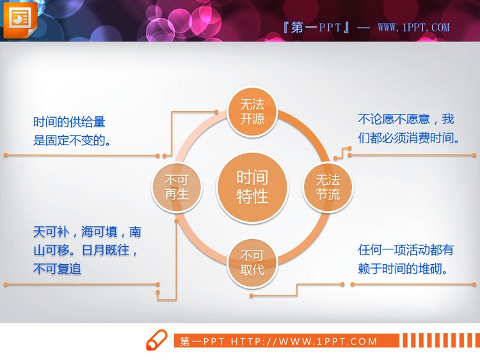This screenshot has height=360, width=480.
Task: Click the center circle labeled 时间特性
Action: click(x=252, y=187)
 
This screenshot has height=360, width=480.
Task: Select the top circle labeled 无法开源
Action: click(x=252, y=111)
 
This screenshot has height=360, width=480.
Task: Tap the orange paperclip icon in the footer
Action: click(x=156, y=340)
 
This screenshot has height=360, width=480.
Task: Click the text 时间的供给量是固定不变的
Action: click(x=72, y=131)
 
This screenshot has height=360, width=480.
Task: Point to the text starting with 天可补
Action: click(x=87, y=250)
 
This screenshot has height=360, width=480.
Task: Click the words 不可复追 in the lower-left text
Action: click(x=57, y=269)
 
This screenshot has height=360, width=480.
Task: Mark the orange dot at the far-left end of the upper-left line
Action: click(x=5, y=155)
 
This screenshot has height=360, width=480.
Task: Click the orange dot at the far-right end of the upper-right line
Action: click(x=474, y=155)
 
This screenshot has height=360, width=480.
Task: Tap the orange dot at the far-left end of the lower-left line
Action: click(x=5, y=284)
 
